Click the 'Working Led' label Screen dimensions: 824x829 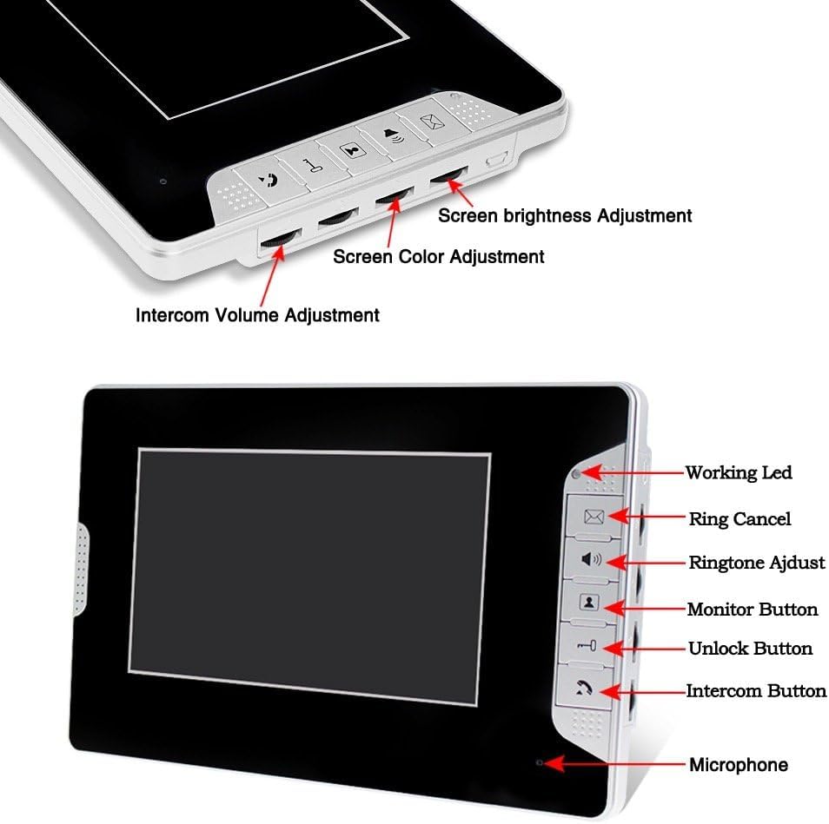tap(738, 473)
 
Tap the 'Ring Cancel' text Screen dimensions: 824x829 tap(739, 519)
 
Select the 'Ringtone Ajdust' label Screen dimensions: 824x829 tap(756, 563)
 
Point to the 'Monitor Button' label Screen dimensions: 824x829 tap(753, 610)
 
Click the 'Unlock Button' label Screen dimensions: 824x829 tap(750, 649)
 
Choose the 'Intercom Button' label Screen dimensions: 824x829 tap(756, 691)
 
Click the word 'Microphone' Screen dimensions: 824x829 tap(739, 765)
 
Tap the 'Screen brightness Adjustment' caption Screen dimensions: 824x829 tap(565, 215)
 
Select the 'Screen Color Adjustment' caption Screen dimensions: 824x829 tap(439, 257)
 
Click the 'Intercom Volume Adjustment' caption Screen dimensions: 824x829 tap(257, 315)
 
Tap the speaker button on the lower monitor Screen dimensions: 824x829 tap(592, 559)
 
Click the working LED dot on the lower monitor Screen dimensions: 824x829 tap(576, 474)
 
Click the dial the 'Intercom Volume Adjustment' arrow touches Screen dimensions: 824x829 tap(280, 242)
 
